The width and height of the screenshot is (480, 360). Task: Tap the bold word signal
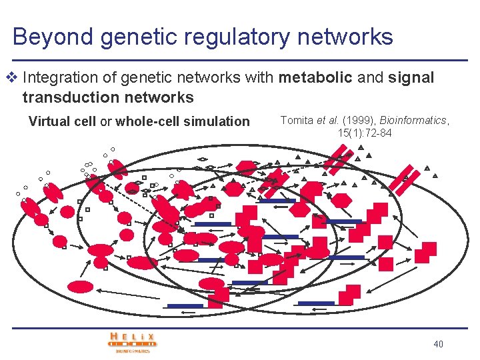411,78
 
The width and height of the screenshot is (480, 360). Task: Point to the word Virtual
47,121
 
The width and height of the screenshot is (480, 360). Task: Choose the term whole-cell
145,121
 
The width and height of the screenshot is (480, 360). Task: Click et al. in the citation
326,120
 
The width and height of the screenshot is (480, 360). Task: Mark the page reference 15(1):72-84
365,133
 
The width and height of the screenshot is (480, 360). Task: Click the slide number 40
438,344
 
